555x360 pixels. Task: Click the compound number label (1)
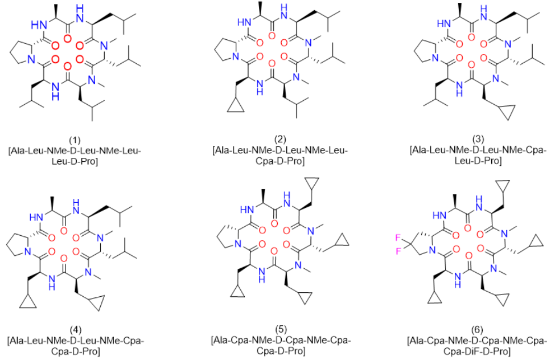coord(75,140)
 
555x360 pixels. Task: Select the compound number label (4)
coord(75,330)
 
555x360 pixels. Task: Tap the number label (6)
coord(477,330)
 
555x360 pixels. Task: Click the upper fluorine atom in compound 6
coord(398,239)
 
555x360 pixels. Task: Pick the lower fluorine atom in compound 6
coord(398,252)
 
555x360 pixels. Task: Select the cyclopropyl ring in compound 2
coord(236,106)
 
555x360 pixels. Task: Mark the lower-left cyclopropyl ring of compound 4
coord(28,302)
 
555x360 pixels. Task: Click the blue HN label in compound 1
coord(39,25)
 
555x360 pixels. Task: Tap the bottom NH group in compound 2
coord(260,87)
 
